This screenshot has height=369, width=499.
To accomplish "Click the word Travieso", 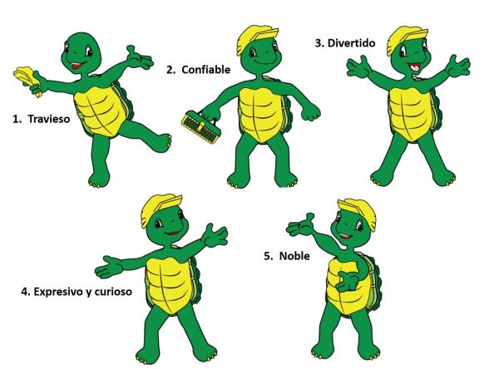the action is click(x=49, y=119).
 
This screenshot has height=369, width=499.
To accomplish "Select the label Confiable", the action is click(x=206, y=70).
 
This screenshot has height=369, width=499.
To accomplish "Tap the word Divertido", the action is click(x=351, y=43).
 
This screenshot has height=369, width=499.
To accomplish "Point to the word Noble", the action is click(x=294, y=256).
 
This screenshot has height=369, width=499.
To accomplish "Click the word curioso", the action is click(x=113, y=292).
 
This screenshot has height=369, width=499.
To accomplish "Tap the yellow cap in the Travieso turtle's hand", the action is click(x=27, y=79).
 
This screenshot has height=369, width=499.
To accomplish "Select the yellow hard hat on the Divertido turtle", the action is click(x=406, y=39).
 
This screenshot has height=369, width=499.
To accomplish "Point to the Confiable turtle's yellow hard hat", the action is click(x=255, y=37).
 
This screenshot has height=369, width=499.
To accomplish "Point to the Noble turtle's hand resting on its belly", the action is click(x=348, y=280).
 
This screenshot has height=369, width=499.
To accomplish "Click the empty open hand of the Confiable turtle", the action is click(x=310, y=111).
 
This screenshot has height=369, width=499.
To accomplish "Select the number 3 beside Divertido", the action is click(x=319, y=43).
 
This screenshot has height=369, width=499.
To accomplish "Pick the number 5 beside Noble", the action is click(x=268, y=256).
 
